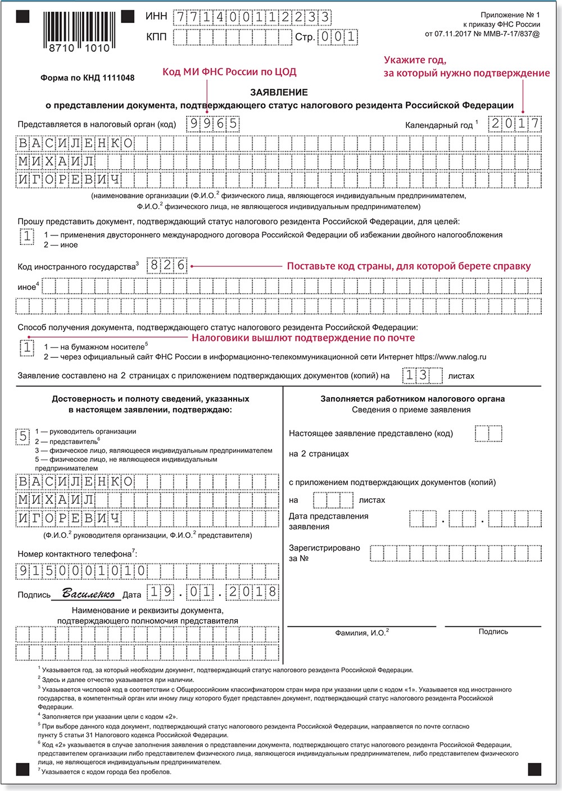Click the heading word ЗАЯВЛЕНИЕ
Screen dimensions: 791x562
tap(279, 92)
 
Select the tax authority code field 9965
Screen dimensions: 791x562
tap(214, 124)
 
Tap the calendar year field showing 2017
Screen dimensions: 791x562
tap(514, 124)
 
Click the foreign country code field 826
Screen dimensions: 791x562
tap(167, 265)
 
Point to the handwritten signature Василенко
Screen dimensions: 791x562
tap(88, 594)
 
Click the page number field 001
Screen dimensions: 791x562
tap(338, 37)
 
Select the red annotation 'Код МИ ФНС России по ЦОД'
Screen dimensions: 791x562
tap(229, 72)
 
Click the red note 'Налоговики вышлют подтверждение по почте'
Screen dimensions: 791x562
tap(303, 338)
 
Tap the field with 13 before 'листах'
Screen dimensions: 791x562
tap(423, 375)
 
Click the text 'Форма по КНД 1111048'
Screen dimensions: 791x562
tap(87, 78)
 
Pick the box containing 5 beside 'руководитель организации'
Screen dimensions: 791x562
tap(23, 436)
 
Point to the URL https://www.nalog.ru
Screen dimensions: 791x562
tap(451, 357)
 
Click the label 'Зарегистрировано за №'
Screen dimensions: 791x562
tap(324, 553)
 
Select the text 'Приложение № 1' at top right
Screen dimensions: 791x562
tap(510, 15)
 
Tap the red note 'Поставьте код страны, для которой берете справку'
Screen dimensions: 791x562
tap(409, 266)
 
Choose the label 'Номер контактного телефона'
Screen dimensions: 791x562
tap(77, 554)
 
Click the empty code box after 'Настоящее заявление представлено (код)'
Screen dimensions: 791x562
tap(488, 433)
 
